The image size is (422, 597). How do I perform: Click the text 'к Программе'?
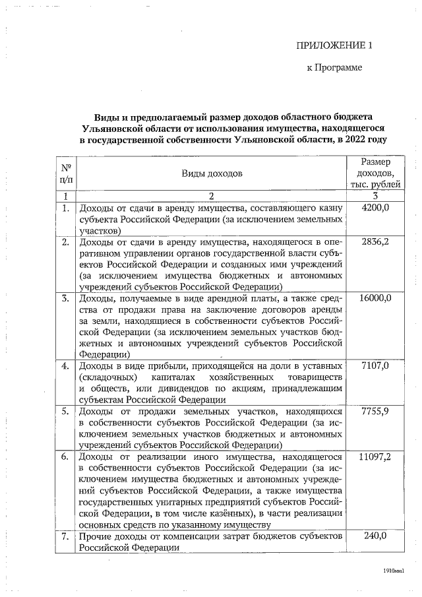(335, 68)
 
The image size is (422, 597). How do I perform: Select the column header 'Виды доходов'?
(212, 173)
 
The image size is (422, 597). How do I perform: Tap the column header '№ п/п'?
(66, 173)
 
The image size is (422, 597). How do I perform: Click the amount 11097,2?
(375, 456)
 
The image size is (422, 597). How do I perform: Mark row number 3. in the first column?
(66, 299)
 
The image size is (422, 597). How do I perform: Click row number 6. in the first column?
(66, 456)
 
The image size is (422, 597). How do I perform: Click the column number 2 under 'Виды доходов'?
(212, 196)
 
